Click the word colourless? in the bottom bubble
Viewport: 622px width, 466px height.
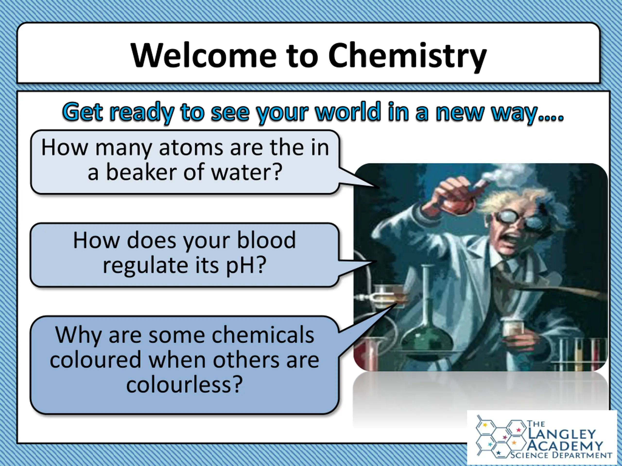184,384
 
